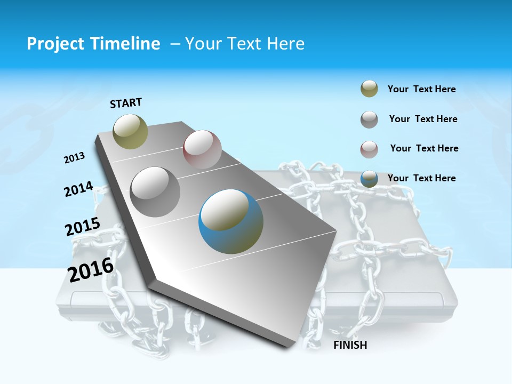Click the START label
[126, 103]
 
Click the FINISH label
[350, 345]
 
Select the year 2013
[74, 158]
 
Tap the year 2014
[78, 189]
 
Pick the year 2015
[83, 227]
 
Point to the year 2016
[91, 270]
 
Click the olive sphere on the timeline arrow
[130, 131]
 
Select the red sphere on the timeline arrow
[202, 149]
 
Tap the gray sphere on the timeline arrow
[155, 192]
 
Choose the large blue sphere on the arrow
[231, 221]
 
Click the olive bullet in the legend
[369, 89]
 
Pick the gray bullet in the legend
[369, 119]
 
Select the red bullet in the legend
[369, 149]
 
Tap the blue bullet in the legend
[369, 179]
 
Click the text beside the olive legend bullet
[421, 89]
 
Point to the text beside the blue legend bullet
[421, 178]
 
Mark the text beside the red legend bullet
[424, 148]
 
